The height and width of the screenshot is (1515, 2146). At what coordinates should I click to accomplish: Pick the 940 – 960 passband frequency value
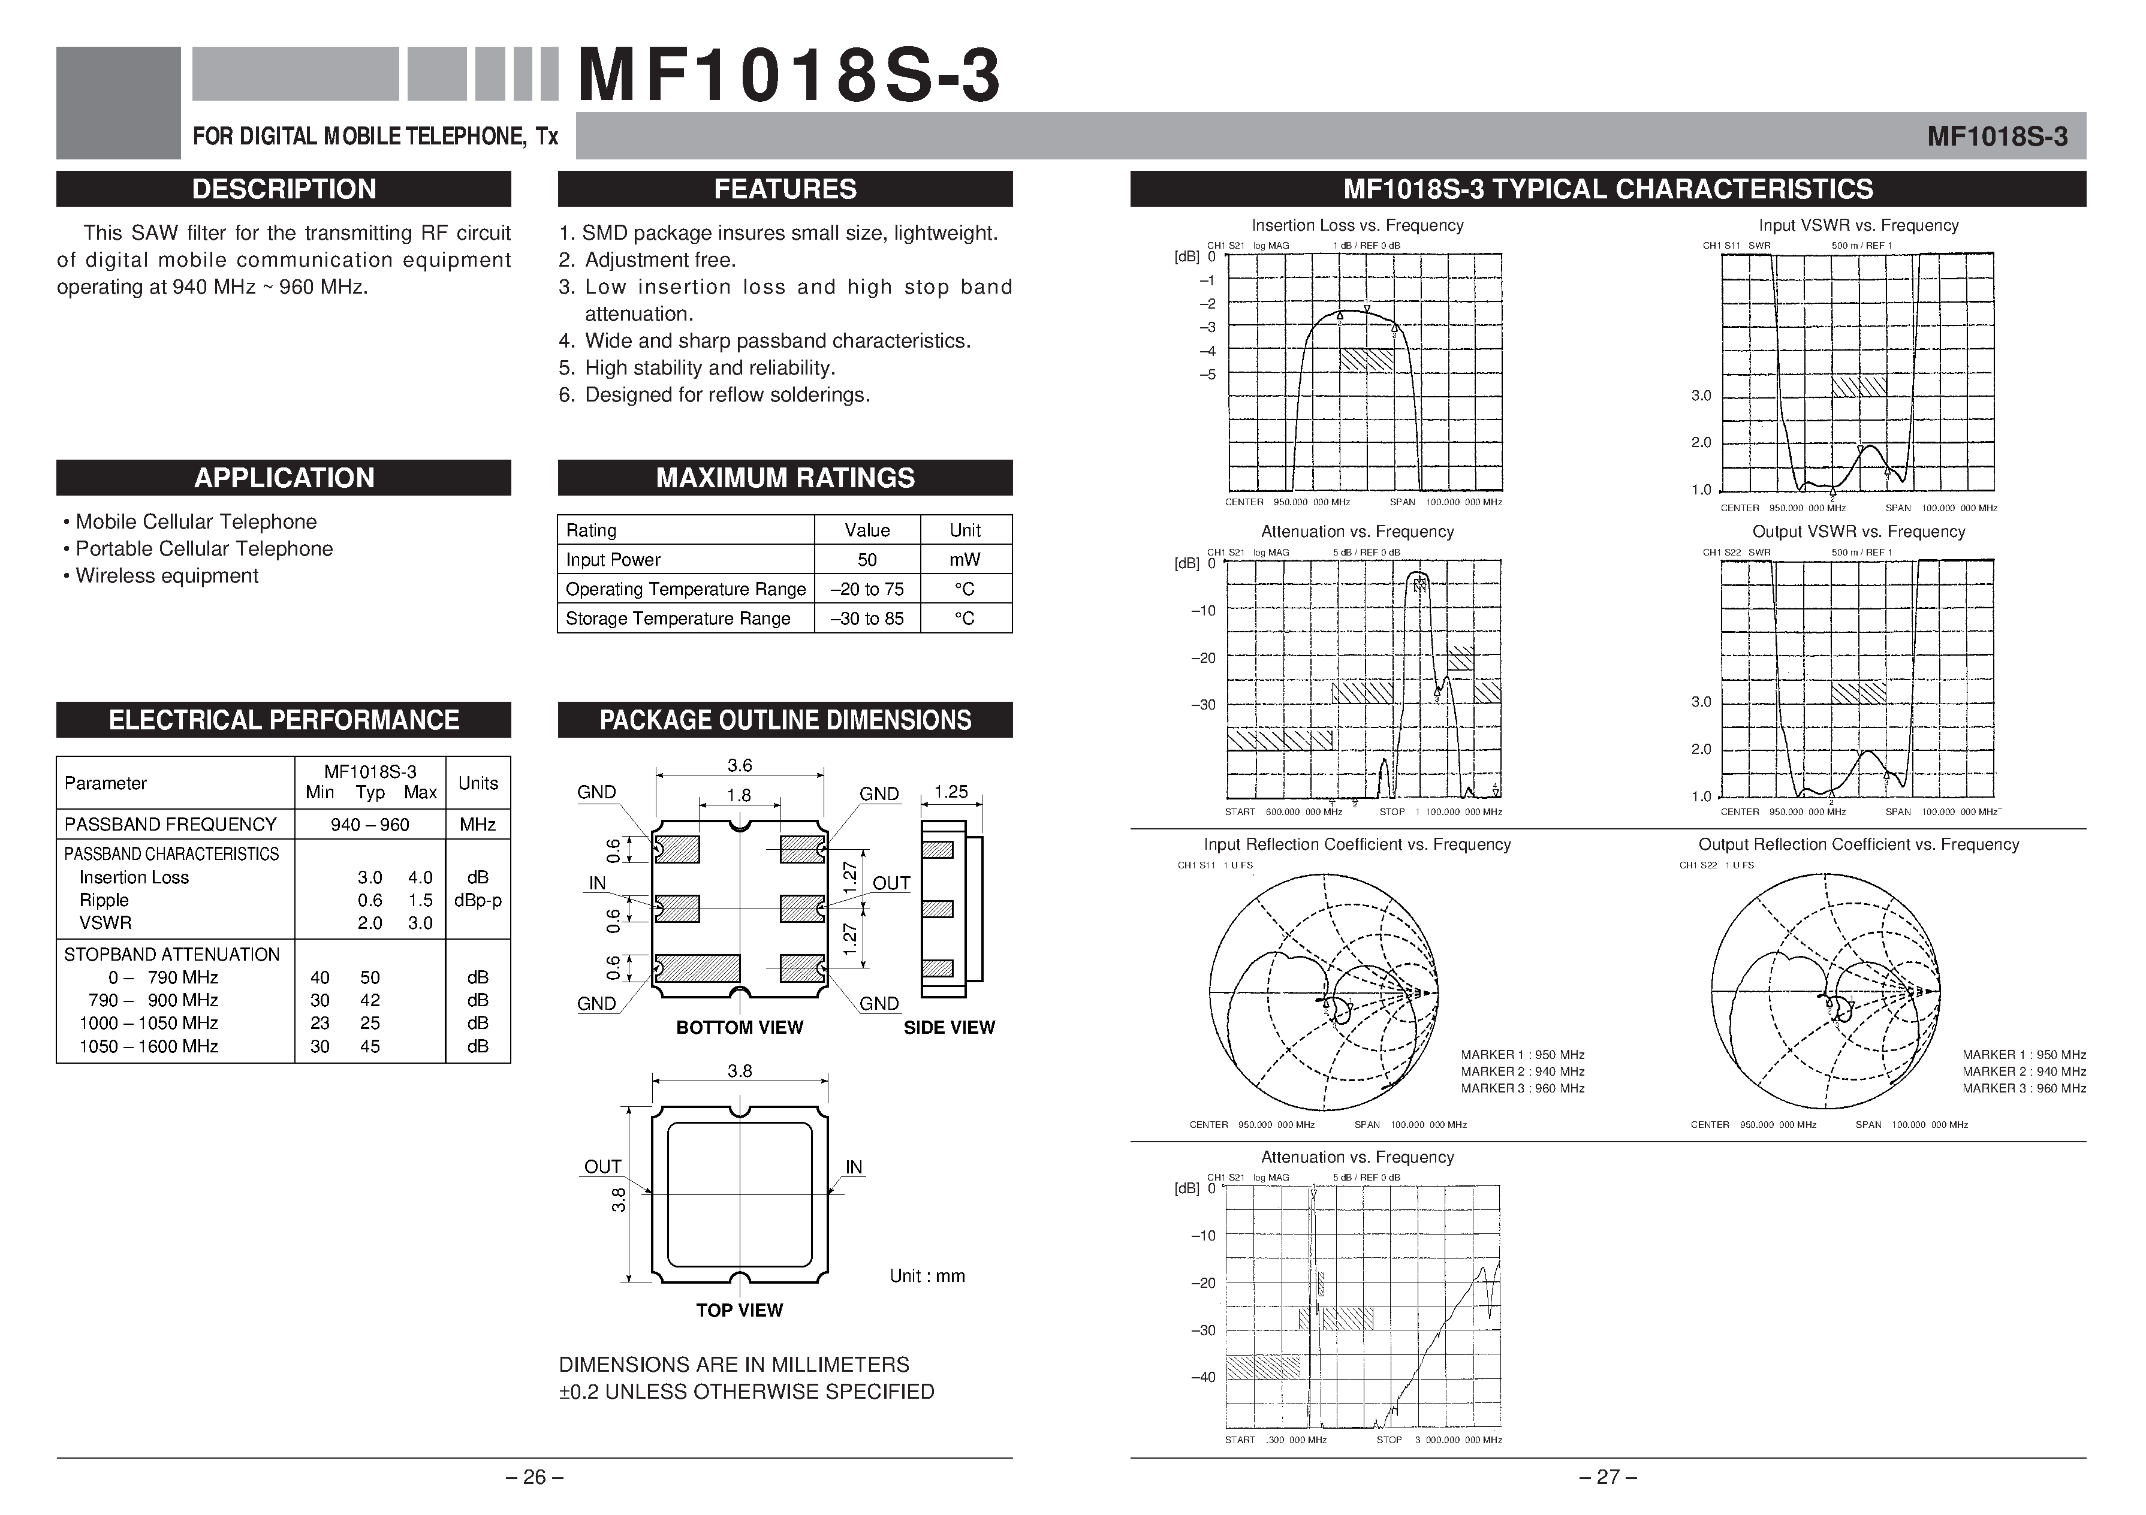click(369, 825)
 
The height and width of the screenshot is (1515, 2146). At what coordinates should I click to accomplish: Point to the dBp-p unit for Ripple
click(478, 900)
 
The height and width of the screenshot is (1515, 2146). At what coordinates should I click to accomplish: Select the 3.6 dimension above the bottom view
click(739, 765)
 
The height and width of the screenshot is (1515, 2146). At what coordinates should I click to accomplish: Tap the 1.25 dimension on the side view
click(951, 792)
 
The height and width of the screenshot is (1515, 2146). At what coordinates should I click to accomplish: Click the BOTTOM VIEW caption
click(739, 1027)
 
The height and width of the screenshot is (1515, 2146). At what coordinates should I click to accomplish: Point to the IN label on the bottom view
click(597, 883)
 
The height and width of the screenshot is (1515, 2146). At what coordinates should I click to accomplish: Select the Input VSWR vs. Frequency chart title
click(1858, 225)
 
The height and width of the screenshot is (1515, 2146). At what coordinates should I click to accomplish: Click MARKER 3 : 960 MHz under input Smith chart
click(1523, 1088)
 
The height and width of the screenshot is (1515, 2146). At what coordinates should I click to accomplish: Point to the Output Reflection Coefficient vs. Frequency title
click(1858, 844)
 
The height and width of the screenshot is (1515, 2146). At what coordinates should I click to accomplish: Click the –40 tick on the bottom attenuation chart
click(1203, 1377)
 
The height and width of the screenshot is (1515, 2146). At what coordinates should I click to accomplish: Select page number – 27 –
click(1608, 1477)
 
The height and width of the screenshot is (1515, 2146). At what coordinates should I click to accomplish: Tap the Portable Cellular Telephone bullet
click(203, 548)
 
